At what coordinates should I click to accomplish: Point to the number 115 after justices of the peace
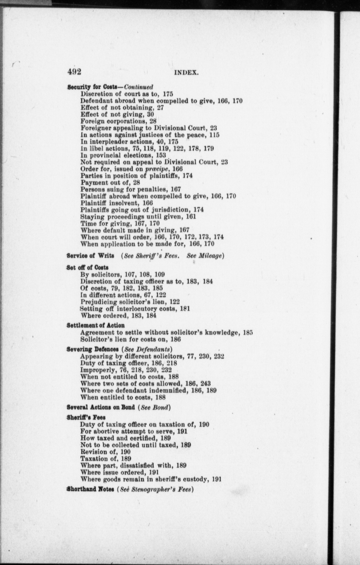[x=214, y=135]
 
